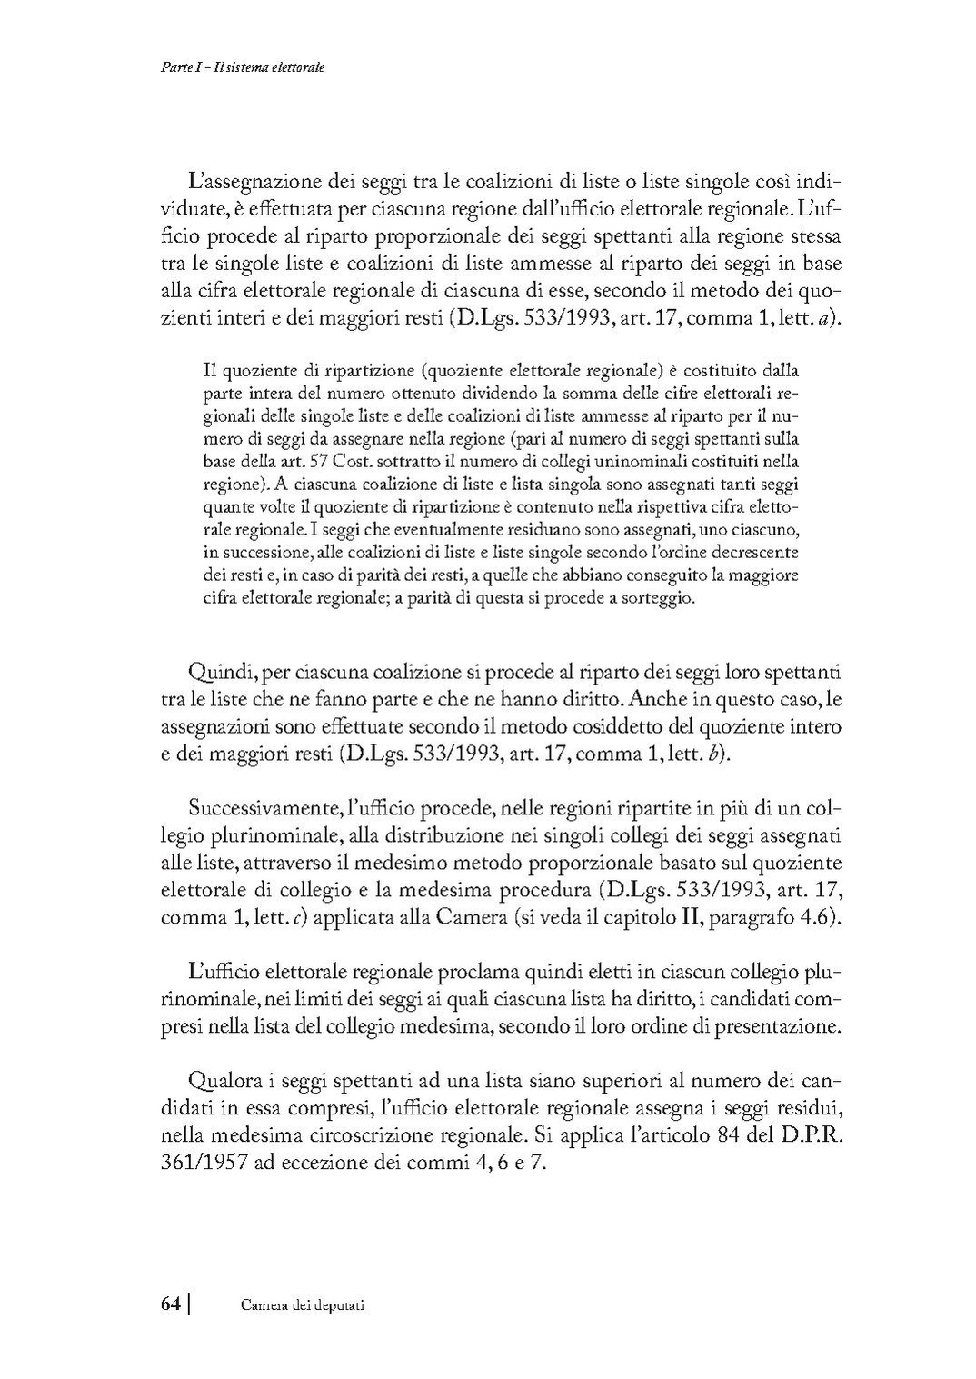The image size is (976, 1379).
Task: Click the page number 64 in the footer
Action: [x=171, y=1304]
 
